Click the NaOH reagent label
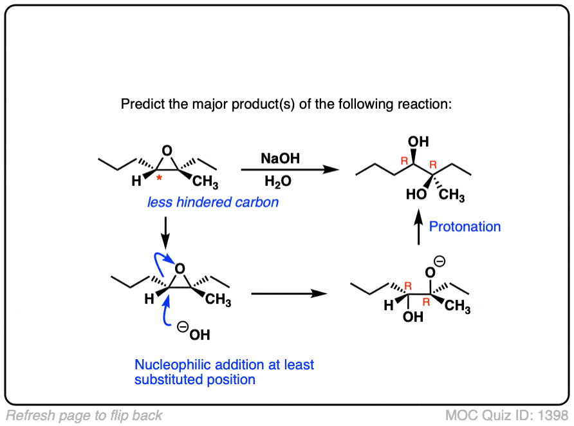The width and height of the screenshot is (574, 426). pyautogui.click(x=280, y=158)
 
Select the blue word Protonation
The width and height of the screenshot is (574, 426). pyautogui.click(x=465, y=227)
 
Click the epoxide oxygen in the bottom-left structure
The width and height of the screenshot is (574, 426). pyautogui.click(x=180, y=268)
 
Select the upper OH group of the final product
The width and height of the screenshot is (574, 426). pyautogui.click(x=419, y=142)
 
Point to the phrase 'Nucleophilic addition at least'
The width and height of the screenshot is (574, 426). pyautogui.click(x=224, y=365)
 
